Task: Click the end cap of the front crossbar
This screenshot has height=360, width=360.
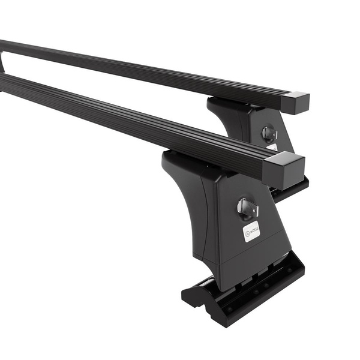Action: tap(284, 169)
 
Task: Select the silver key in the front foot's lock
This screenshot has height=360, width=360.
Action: tap(247, 208)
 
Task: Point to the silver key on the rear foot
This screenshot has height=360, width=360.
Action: tap(269, 133)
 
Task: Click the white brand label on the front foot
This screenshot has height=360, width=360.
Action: tap(251, 231)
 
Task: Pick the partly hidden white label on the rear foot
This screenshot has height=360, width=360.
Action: tap(272, 146)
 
